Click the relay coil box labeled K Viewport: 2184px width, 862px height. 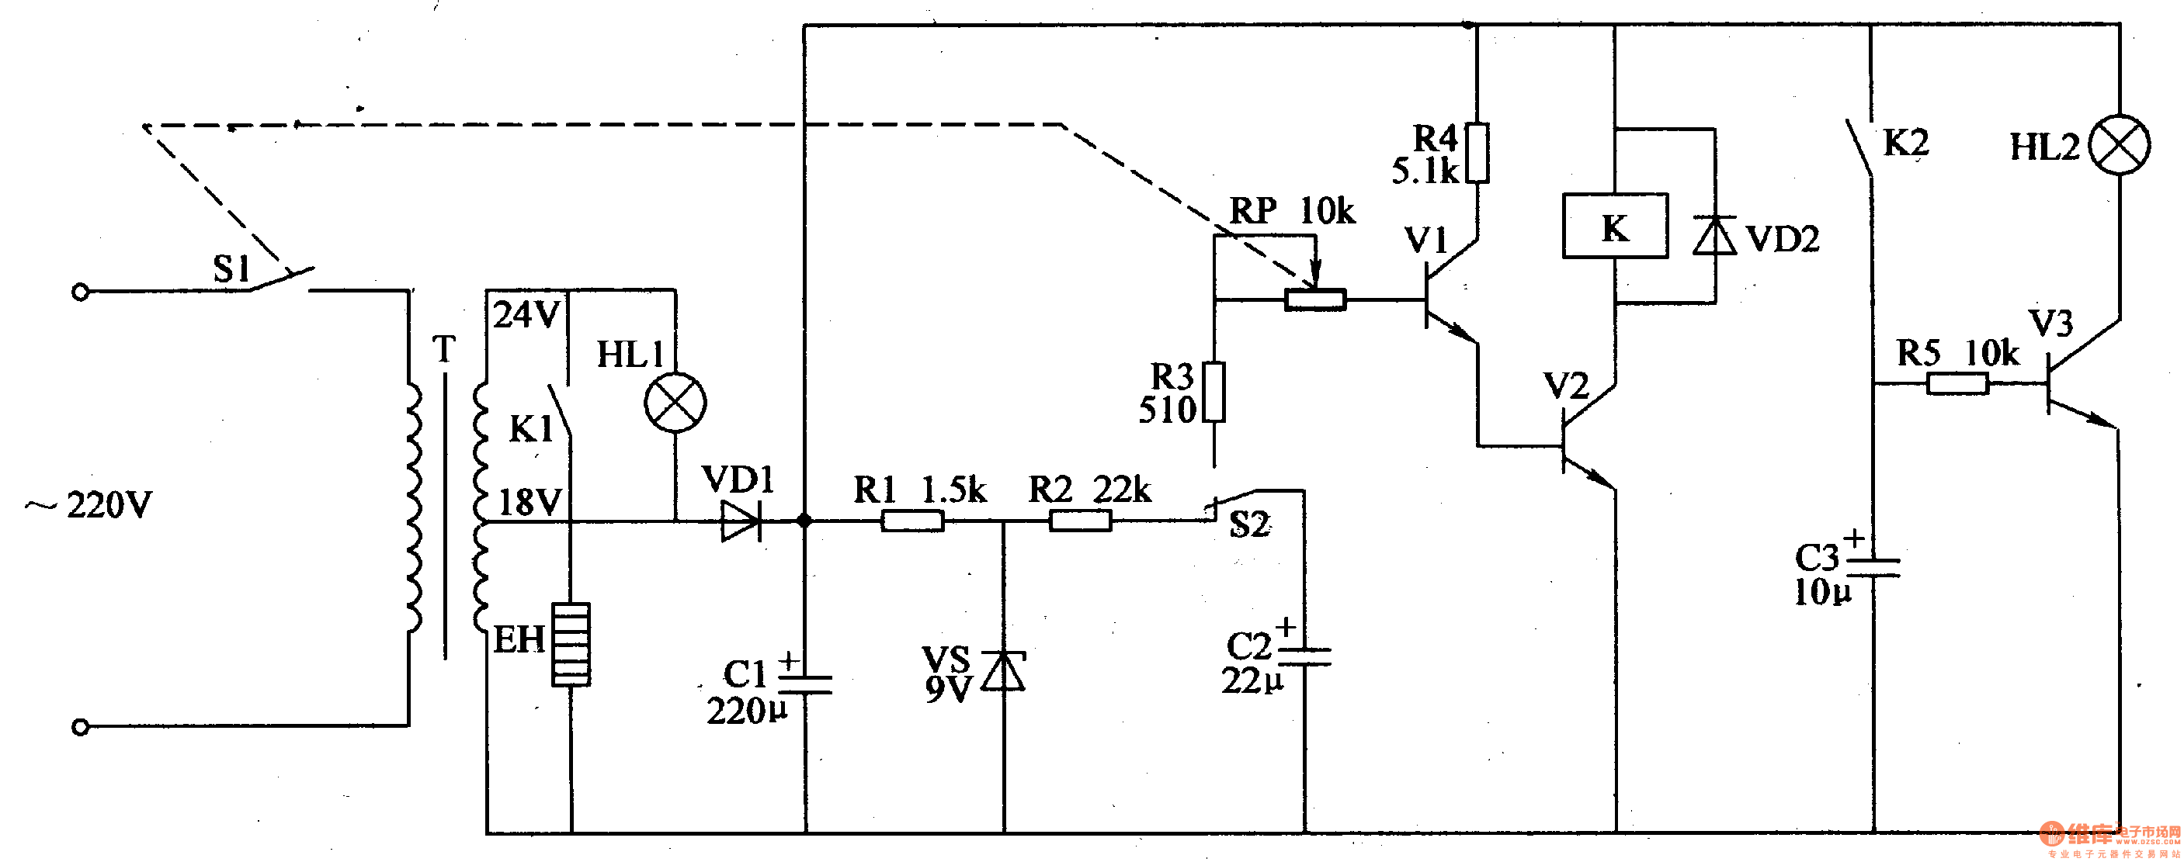pos(1614,227)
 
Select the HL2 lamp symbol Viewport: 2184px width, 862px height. pos(2119,145)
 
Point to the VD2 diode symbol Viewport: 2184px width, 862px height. pos(1714,236)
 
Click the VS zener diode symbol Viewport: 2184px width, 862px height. pos(1004,671)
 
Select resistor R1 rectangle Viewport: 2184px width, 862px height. pos(912,521)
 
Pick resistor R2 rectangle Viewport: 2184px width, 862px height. pos(1080,521)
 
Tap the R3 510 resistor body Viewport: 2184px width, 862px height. pos(1214,392)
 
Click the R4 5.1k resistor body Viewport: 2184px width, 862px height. pos(1477,153)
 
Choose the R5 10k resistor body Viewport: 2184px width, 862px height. pos(1957,384)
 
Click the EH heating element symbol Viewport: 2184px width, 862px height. pos(571,644)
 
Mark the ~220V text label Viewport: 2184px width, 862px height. pos(89,505)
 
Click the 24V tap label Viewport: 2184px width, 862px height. pos(526,315)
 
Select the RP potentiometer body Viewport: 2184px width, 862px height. pos(1314,299)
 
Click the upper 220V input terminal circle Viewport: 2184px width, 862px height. pos(81,293)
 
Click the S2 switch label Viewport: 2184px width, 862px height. pos(1249,524)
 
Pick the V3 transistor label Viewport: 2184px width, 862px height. pos(2050,324)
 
